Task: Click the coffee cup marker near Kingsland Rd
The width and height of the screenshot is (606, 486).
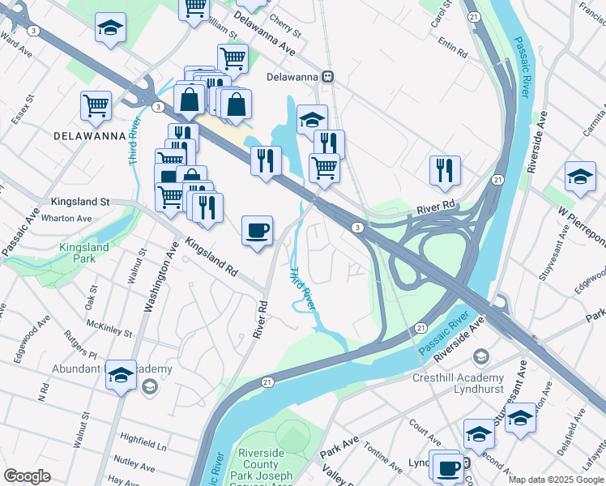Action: (x=258, y=231)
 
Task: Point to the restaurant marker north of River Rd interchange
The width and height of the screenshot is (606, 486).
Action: (x=445, y=170)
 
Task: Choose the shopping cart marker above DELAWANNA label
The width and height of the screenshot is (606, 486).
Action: (x=96, y=105)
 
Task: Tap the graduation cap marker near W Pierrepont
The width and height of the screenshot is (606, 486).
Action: (x=580, y=177)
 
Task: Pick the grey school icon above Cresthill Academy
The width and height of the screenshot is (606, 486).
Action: (x=481, y=356)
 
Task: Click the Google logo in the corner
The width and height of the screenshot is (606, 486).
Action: (x=27, y=476)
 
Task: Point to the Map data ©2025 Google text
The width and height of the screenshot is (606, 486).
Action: (x=556, y=480)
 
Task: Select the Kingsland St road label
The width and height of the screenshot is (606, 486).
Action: (x=79, y=201)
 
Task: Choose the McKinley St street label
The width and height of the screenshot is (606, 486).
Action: (x=109, y=327)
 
